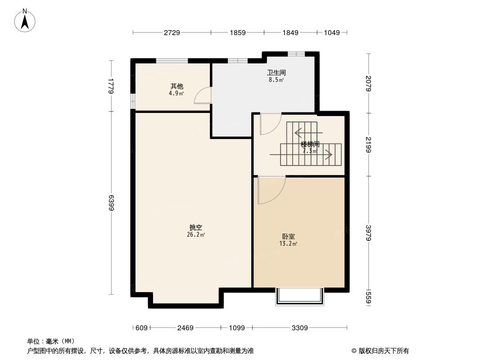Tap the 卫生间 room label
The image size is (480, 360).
click(x=276, y=72)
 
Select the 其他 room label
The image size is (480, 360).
click(x=177, y=86)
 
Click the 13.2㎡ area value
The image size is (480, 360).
click(x=288, y=244)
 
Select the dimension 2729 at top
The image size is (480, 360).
click(x=172, y=32)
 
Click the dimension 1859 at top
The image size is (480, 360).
click(x=237, y=32)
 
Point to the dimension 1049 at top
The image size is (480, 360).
click(x=331, y=32)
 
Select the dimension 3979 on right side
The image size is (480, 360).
click(x=368, y=233)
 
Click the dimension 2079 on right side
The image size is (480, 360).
click(x=368, y=83)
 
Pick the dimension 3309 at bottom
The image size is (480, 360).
click(x=299, y=328)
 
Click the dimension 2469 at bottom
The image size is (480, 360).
click(x=185, y=328)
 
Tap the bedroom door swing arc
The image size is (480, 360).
click(x=271, y=190)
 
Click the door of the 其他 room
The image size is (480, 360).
click(x=203, y=96)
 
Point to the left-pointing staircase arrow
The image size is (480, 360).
click(x=308, y=133)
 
